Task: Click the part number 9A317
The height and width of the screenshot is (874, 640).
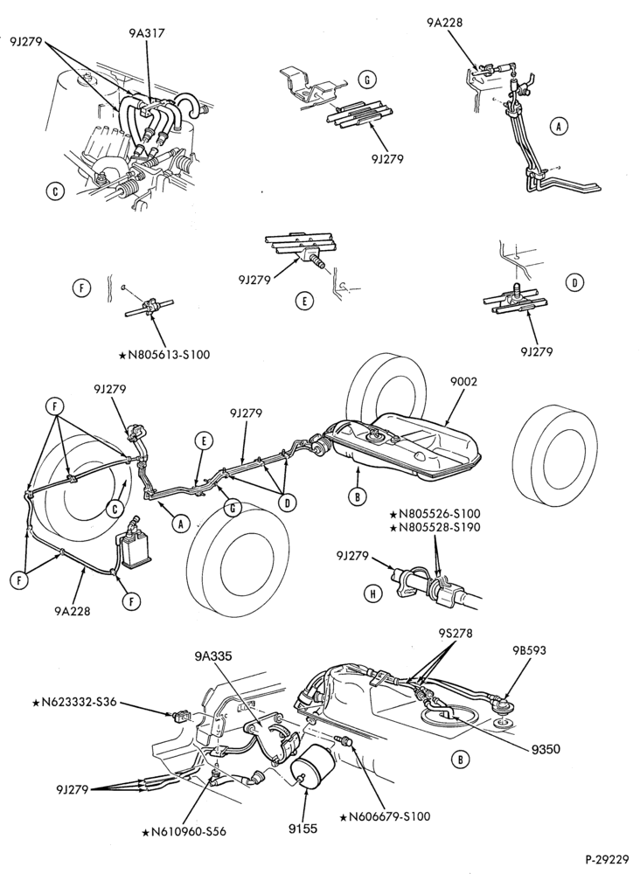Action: pyautogui.click(x=146, y=33)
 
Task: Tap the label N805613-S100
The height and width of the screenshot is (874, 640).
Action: pyautogui.click(x=164, y=355)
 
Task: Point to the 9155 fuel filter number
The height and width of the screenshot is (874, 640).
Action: pyautogui.click(x=303, y=829)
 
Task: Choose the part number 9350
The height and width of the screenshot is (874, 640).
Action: pyautogui.click(x=546, y=750)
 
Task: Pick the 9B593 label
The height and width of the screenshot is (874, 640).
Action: pyautogui.click(x=528, y=649)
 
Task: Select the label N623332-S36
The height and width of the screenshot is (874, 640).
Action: pyautogui.click(x=74, y=702)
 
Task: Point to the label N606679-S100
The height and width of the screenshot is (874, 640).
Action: pyautogui.click(x=385, y=816)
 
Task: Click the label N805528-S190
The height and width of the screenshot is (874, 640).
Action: pyautogui.click(x=435, y=527)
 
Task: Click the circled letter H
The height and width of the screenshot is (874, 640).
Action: pyautogui.click(x=373, y=594)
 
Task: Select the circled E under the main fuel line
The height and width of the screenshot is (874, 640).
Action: pyautogui.click(x=204, y=440)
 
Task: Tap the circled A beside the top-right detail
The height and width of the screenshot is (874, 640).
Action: pyautogui.click(x=558, y=127)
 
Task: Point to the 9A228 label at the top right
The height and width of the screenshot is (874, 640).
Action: pyautogui.click(x=445, y=23)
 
